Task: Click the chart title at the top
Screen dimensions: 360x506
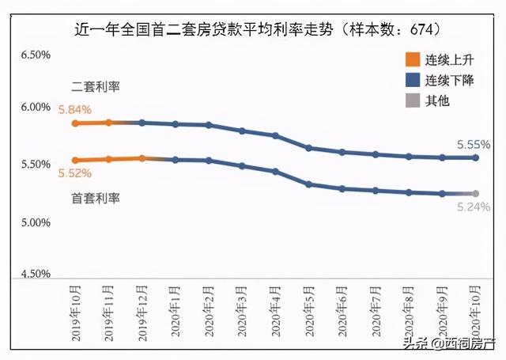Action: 257,29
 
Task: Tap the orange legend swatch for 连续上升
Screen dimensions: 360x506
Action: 411,59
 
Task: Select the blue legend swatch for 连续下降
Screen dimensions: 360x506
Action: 411,80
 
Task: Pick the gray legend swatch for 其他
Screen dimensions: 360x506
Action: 411,100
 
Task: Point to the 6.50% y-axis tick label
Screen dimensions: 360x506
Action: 35,55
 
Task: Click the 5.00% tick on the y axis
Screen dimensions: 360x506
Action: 35,222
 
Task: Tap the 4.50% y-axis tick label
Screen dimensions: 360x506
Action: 35,274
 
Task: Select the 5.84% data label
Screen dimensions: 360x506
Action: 74,109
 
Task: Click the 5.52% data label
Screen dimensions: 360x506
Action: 74,172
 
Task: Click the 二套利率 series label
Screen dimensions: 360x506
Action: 95,85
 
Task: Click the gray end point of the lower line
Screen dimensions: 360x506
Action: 476,193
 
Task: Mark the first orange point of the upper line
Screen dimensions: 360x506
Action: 74,123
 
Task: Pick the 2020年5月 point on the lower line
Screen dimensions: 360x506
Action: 309,184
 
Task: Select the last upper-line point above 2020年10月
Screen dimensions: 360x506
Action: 476,157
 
